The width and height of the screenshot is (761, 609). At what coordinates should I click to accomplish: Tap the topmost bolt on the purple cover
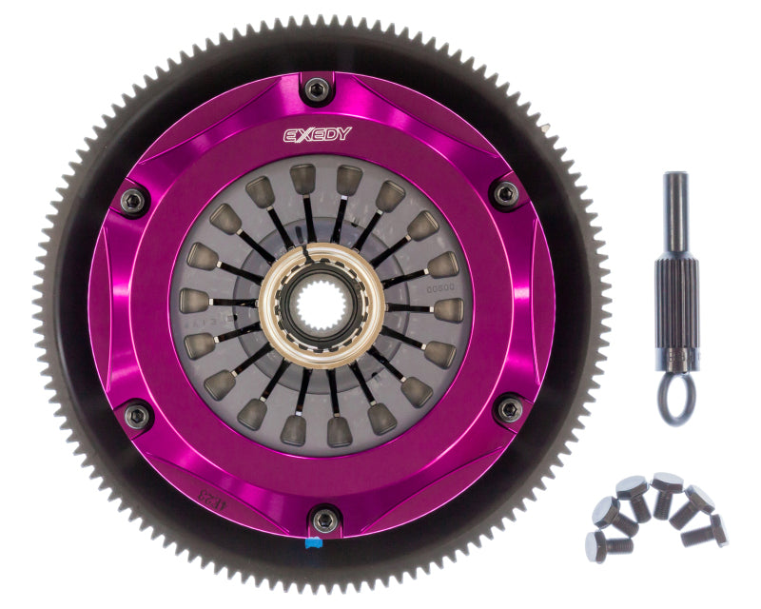317,89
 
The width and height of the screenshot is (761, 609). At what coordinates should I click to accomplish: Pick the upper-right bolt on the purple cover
505,194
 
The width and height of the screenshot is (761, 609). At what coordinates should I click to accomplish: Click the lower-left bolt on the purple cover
137,415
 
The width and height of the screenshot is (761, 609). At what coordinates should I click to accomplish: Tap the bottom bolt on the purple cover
325,520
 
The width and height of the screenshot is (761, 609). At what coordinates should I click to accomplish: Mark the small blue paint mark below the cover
312,545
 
